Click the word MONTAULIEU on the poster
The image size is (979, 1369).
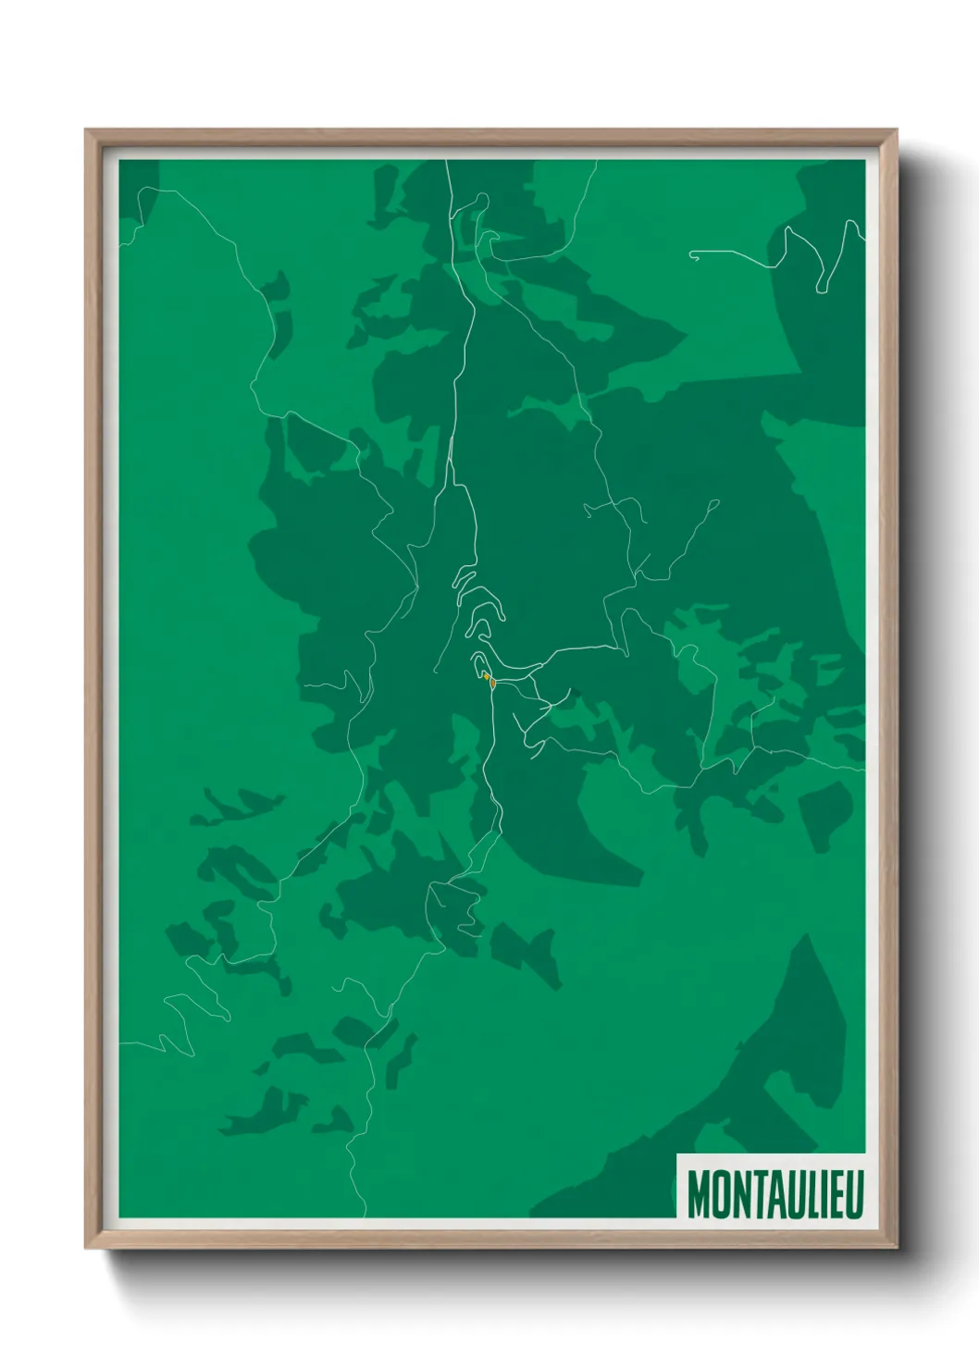click(x=775, y=1194)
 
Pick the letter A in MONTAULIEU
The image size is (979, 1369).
click(x=768, y=1194)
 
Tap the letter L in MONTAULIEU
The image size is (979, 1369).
click(x=802, y=1194)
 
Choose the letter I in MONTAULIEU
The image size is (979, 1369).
click(x=815, y=1194)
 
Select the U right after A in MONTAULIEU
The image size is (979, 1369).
click(x=786, y=1194)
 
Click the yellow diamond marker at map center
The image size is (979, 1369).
click(x=486, y=676)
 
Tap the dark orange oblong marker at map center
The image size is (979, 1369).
click(x=493, y=684)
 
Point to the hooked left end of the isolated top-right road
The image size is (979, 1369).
click(x=692, y=253)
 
